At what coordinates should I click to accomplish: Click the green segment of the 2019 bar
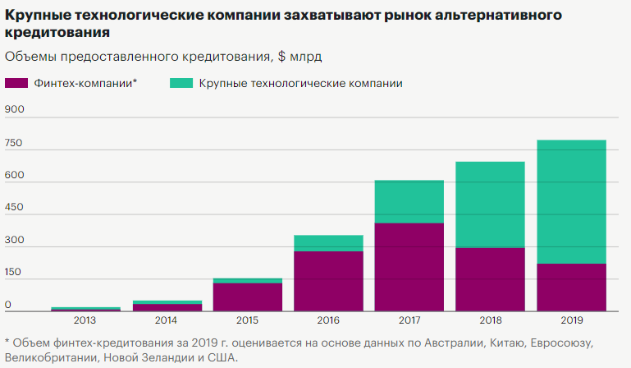[571, 201]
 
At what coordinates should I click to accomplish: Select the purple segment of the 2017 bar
[409, 267]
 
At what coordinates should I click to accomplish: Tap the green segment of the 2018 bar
[490, 205]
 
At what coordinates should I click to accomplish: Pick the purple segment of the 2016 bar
[328, 281]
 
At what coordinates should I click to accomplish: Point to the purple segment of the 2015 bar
[248, 297]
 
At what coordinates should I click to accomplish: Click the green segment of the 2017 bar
[409, 201]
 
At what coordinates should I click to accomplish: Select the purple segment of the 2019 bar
[571, 287]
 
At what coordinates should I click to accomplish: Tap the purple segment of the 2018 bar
[490, 279]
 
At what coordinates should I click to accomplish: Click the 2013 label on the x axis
[86, 321]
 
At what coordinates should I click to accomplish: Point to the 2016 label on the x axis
[328, 321]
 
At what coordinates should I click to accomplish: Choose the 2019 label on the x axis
[571, 321]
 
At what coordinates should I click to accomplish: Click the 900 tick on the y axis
[15, 109]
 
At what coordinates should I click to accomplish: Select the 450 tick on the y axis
[15, 207]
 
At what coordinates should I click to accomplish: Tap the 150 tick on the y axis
[15, 272]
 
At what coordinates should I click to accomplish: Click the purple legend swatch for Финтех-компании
[16, 83]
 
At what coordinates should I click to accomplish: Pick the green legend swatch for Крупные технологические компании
[181, 83]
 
